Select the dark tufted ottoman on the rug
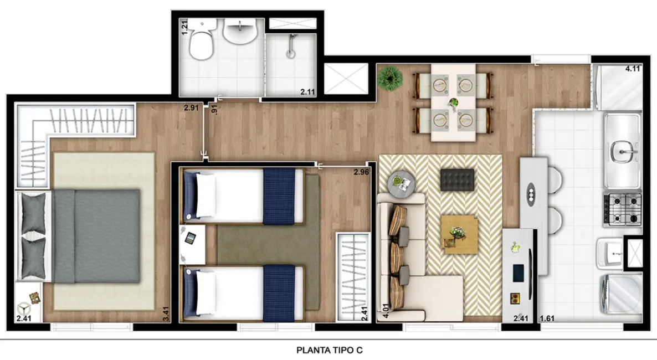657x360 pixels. coord(457,179)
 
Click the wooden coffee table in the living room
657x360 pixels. coord(459,234)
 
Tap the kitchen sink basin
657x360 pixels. coord(623,150)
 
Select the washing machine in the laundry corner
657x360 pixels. coord(620,294)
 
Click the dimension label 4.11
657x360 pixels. coord(633,69)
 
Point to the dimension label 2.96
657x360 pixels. coord(361,172)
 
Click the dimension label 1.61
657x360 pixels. coord(547,318)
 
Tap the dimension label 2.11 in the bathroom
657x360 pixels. coord(307,92)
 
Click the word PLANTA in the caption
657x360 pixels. coord(312,350)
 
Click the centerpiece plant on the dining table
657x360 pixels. coord(454,103)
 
